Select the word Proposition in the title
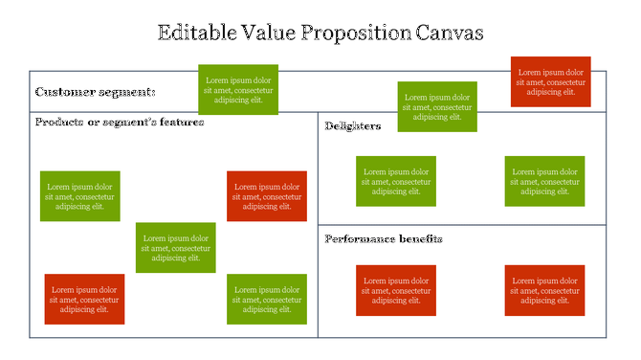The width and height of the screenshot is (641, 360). [x=353, y=33]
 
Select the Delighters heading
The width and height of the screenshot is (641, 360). [x=353, y=126]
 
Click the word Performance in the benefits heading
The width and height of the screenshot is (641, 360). [x=362, y=238]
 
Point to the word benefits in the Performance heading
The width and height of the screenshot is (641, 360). [x=421, y=238]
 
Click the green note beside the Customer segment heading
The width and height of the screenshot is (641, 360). [x=238, y=89]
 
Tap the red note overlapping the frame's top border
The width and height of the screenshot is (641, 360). [x=550, y=81]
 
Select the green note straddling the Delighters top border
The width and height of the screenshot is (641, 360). [x=437, y=106]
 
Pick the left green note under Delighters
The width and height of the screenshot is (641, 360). [x=396, y=181]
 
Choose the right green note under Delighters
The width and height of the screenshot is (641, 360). [x=544, y=181]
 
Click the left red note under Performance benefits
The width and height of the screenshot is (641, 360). [x=396, y=290]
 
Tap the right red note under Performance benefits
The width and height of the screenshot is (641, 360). [x=544, y=290]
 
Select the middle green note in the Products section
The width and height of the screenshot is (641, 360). [x=175, y=247]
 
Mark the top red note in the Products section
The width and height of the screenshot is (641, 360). [x=267, y=196]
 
